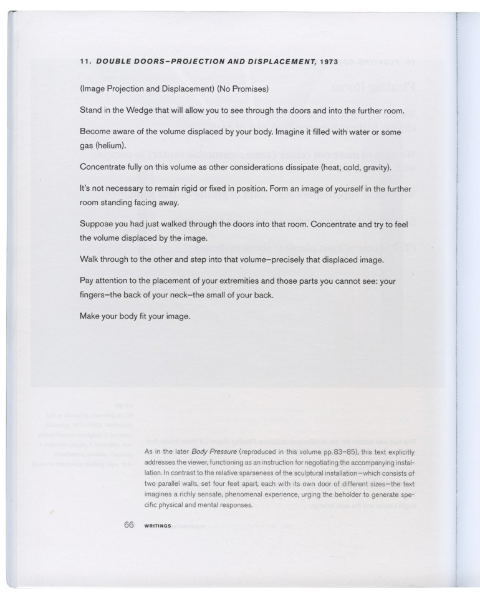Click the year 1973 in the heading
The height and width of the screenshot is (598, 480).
327,62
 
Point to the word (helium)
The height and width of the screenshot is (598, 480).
111,145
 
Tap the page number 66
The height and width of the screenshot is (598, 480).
129,524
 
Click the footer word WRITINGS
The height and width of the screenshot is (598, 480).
158,526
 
